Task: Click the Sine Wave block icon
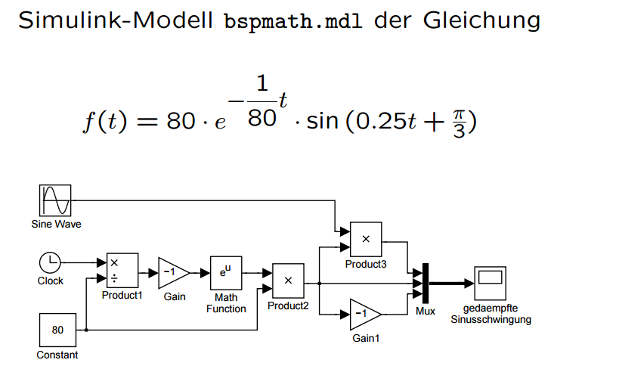[x=55, y=200]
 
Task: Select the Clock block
[x=50, y=262]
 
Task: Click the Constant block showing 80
[x=57, y=330]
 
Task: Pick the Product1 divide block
[x=122, y=270]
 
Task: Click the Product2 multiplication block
[x=287, y=281]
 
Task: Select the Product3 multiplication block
[x=365, y=239]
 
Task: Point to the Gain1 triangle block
[x=365, y=314]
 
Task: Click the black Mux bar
[x=426, y=284]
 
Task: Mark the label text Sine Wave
[x=56, y=225]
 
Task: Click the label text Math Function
[x=225, y=302]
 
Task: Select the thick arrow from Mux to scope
[x=451, y=284]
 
